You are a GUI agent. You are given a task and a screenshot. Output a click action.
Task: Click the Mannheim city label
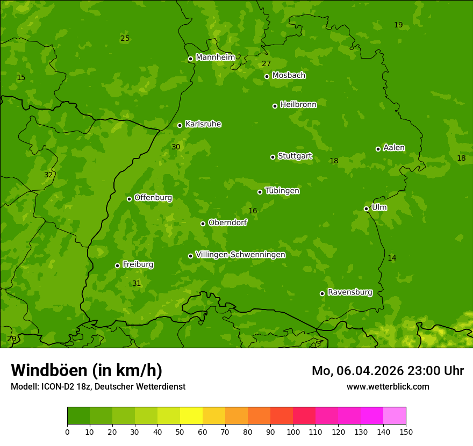click(215, 57)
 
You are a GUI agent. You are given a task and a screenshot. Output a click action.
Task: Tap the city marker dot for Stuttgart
click(273, 157)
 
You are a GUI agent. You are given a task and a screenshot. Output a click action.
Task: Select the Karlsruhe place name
click(203, 124)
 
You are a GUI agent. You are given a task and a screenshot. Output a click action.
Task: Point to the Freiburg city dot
click(117, 265)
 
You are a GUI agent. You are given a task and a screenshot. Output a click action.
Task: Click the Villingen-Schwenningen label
click(240, 255)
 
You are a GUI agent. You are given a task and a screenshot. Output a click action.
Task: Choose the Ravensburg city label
click(349, 292)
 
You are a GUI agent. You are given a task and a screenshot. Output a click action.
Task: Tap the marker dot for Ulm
click(366, 208)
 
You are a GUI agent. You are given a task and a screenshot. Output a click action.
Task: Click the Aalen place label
click(394, 148)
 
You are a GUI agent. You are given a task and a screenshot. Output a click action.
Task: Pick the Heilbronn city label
click(298, 105)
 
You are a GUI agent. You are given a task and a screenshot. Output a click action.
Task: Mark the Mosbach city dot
click(267, 76)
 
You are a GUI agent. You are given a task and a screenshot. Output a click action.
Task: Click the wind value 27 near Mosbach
click(266, 64)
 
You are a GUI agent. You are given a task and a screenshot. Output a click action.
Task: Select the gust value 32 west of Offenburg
click(48, 175)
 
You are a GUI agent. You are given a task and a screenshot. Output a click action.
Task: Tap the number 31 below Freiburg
click(137, 283)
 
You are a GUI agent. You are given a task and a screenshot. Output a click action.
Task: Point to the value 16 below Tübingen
click(253, 211)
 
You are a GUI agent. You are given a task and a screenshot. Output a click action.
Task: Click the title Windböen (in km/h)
click(87, 370)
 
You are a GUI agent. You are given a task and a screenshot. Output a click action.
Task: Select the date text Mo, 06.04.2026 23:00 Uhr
click(388, 371)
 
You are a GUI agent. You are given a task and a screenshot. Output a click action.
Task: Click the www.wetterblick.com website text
click(388, 386)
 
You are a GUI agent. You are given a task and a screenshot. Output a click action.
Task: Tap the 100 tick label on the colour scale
click(293, 431)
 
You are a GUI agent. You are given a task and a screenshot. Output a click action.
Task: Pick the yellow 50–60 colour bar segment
click(191, 416)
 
